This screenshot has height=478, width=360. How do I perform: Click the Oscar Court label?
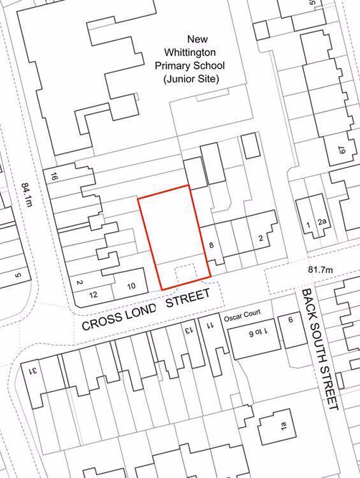[247, 314]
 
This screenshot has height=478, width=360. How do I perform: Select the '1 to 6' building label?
[257, 331]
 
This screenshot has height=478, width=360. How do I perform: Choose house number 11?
[210, 325]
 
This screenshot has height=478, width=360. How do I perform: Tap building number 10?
[131, 287]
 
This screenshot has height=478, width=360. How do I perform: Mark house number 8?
[212, 246]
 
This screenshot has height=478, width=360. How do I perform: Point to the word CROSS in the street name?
[101, 321]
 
